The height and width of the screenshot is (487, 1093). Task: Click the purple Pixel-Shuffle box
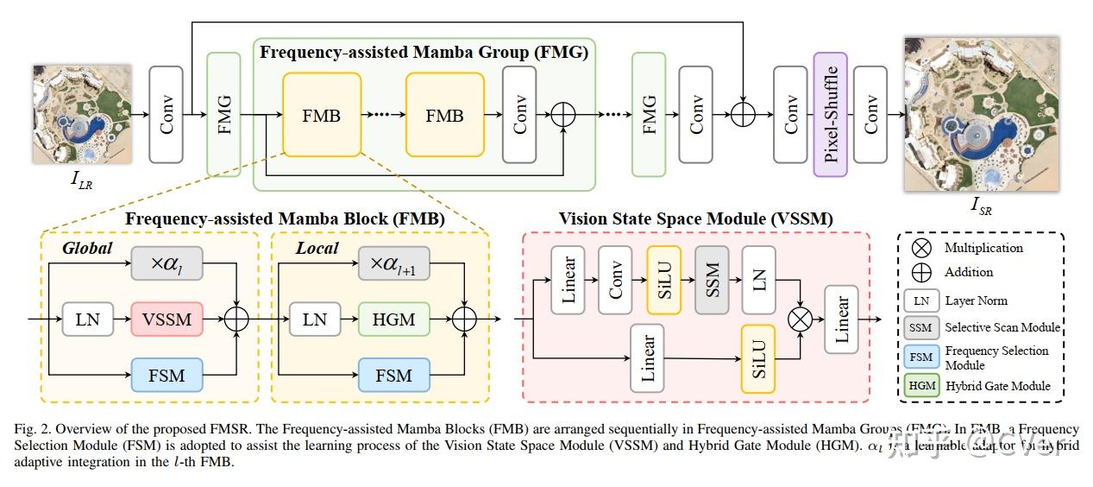tap(831, 114)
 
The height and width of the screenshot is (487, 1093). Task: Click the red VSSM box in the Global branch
tap(167, 319)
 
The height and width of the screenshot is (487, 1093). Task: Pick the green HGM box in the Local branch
tap(394, 319)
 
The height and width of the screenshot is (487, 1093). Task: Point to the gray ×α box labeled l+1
tap(394, 262)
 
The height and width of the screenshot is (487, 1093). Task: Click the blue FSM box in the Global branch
tap(167, 376)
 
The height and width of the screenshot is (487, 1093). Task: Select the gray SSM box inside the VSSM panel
tap(713, 280)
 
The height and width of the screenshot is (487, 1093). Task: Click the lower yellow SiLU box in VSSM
tap(758, 357)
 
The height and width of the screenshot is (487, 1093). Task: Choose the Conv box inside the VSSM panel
tap(616, 280)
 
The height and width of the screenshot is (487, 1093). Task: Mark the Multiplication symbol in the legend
tap(922, 248)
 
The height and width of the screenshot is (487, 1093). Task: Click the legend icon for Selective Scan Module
tap(921, 327)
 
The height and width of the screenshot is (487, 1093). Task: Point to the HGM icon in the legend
tap(921, 386)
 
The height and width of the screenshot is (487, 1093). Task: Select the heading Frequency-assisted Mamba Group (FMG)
tap(424, 52)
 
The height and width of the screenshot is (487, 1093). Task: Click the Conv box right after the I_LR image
tap(166, 114)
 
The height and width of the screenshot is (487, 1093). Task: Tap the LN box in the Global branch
tap(88, 319)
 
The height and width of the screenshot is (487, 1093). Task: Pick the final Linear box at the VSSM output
tap(841, 319)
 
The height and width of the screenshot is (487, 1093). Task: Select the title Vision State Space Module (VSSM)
tap(695, 218)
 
